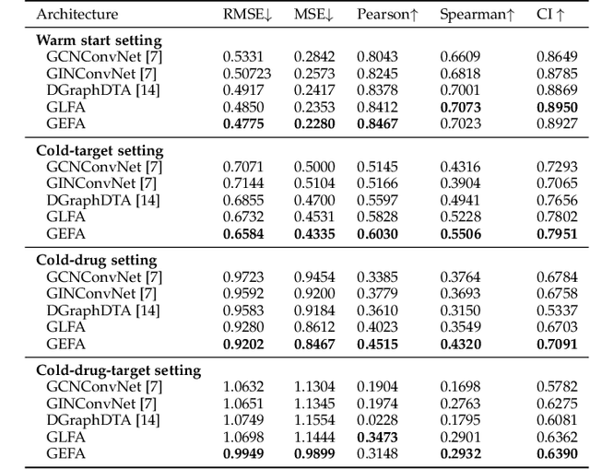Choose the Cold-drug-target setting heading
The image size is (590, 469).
pos(118,370)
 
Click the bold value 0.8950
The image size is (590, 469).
pos(558,107)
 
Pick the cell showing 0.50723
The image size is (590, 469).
pos(246,74)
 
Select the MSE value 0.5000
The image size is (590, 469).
pos(313,167)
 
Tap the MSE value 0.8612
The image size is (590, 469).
pos(313,327)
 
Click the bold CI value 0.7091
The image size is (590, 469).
pos(558,344)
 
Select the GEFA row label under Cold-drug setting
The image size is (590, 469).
pos(65,344)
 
